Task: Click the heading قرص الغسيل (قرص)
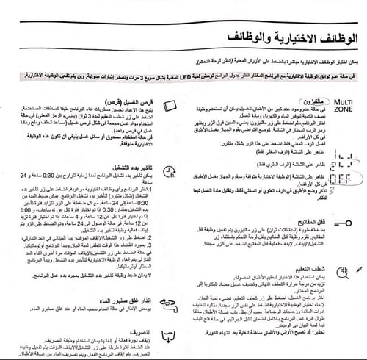[133, 101]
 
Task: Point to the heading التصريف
[139, 331]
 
